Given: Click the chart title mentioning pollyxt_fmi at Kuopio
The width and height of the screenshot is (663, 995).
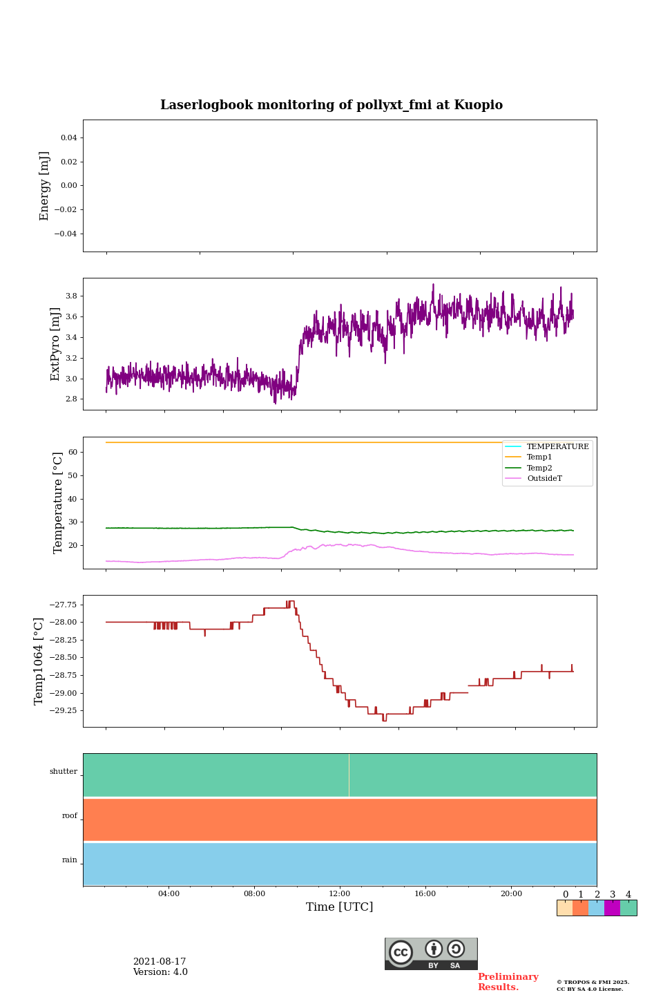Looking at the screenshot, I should click(x=331, y=105).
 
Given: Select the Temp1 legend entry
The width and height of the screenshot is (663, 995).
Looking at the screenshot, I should click(x=539, y=457).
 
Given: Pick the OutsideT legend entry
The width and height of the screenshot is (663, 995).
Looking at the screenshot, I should click(x=544, y=479).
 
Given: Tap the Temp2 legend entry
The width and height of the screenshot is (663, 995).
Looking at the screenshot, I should click(x=539, y=468).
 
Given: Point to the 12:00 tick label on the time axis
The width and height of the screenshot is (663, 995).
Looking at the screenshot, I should click(x=340, y=894).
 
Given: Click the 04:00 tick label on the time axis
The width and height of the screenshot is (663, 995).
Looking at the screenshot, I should click(x=169, y=894).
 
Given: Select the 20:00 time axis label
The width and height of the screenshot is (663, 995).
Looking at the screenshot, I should click(x=511, y=894).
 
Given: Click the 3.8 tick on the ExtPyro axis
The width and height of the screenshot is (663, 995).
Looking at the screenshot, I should click(x=70, y=296).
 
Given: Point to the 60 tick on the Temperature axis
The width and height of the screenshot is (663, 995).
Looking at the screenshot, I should click(x=72, y=452).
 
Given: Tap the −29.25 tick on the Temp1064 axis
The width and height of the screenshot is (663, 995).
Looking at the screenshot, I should click(x=62, y=710).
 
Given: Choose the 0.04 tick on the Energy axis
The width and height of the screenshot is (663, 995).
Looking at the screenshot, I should click(x=68, y=138).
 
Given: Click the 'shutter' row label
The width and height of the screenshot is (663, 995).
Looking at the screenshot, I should click(x=64, y=772).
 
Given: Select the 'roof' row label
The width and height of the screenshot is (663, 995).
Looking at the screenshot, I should click(x=70, y=816).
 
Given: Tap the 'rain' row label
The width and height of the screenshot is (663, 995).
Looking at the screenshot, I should click(x=70, y=860).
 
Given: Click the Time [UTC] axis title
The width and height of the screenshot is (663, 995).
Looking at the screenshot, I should click(x=340, y=907).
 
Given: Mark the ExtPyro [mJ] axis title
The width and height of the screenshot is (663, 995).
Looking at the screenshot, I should click(x=56, y=344).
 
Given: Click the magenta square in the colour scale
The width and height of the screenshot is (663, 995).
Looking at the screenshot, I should click(x=612, y=908).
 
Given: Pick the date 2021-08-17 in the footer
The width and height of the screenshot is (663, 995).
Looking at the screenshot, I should click(x=160, y=962).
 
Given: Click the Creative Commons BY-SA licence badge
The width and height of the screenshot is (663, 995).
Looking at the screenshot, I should click(x=431, y=954).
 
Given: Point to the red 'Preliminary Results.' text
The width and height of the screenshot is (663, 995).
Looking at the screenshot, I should click(x=508, y=982).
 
